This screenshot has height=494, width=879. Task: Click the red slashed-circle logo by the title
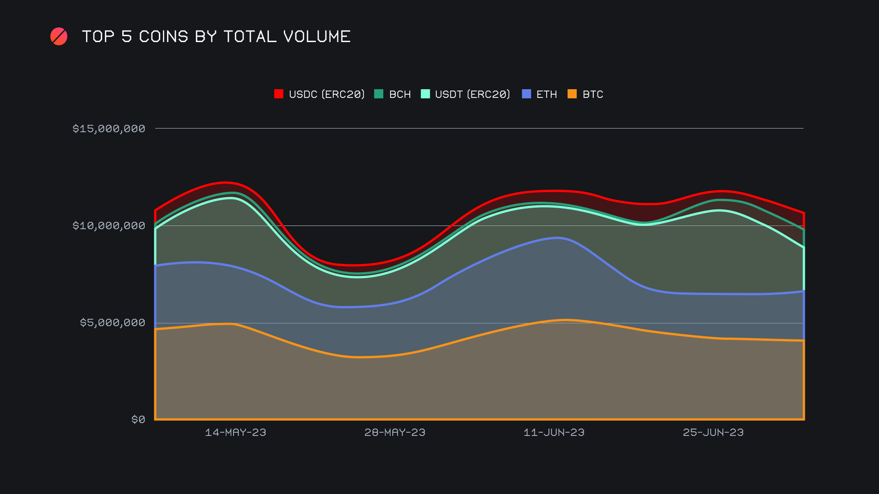point(59,37)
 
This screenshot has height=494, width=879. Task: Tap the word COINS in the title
point(163,37)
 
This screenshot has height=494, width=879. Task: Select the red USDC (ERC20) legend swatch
point(279,94)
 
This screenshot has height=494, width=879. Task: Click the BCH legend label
point(400,94)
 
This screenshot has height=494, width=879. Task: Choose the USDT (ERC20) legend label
point(472,94)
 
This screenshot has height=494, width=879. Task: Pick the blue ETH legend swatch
point(526,94)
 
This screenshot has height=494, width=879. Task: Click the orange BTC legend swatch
point(572,94)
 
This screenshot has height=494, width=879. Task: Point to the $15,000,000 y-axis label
point(109,129)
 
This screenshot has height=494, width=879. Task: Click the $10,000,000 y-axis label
point(109,226)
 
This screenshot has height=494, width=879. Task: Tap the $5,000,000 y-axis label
point(113,322)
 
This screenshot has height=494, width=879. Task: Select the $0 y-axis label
point(138,419)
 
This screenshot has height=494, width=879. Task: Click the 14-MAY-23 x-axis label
point(235,432)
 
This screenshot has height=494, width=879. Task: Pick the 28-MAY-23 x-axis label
point(395,432)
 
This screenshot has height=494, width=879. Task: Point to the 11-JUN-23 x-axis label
point(554,432)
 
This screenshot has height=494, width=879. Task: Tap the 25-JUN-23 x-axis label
point(713,432)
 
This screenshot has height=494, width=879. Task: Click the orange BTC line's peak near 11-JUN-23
point(565,320)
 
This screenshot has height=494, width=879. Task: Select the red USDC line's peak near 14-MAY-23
point(225,183)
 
